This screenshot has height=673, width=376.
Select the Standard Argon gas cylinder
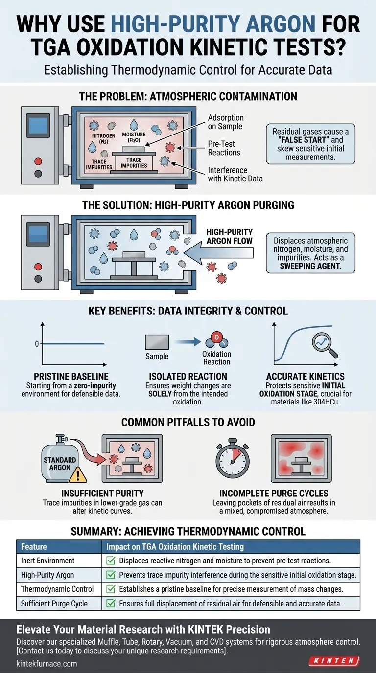[x=60, y=463]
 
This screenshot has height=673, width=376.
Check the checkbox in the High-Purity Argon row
[x=110, y=575]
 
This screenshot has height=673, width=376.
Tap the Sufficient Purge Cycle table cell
[x=54, y=604]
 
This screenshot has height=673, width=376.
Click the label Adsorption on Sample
[x=226, y=122]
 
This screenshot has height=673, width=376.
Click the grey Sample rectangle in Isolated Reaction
[x=157, y=342]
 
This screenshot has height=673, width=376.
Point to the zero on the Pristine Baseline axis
[x=37, y=344]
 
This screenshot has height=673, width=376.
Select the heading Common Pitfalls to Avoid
[x=188, y=422]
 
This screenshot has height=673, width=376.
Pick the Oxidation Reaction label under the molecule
[x=216, y=358]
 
